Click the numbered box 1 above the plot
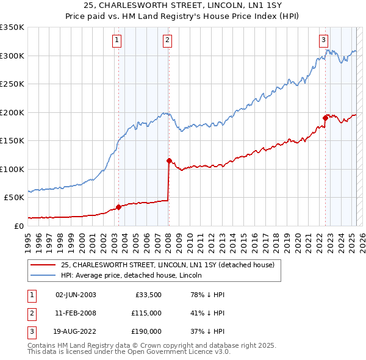[x=116, y=41]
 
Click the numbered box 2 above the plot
[x=167, y=41]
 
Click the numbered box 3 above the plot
[x=323, y=41]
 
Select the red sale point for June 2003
[x=119, y=206]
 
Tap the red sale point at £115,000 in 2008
[x=169, y=160]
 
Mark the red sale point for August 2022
[x=326, y=118]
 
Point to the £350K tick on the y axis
[x=12, y=27]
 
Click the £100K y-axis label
[x=12, y=169]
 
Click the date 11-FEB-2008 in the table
[x=76, y=313]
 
